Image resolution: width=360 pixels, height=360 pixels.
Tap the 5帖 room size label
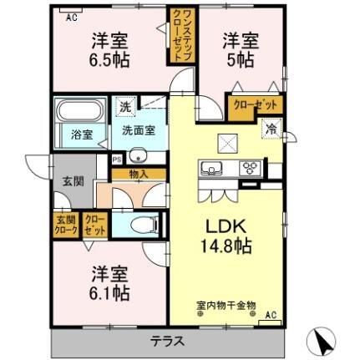tap(241, 59)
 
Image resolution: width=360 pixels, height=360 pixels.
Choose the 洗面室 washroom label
tap(138, 130)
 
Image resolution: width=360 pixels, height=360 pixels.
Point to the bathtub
tap(78, 112)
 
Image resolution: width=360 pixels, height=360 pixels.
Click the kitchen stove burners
tap(251, 169)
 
